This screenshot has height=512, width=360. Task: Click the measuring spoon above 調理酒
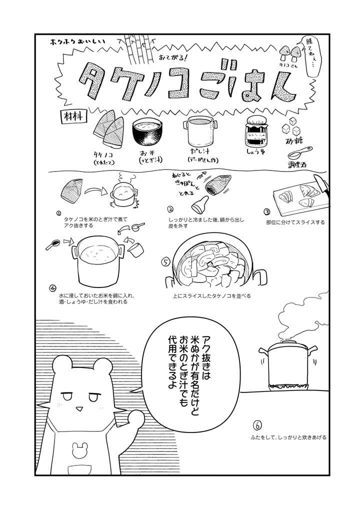(x=300, y=152)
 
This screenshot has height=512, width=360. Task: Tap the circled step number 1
(x=58, y=212)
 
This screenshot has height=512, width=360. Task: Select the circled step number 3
(x=267, y=211)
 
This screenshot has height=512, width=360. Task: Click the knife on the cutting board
(x=318, y=185)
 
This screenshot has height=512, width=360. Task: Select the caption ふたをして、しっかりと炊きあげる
(x=289, y=437)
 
